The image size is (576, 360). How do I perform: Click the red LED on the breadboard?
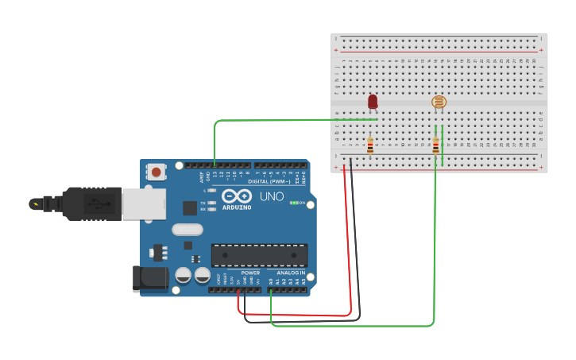(373, 102)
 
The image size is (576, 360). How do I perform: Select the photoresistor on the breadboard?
(439, 102)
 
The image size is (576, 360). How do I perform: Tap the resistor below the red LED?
(370, 145)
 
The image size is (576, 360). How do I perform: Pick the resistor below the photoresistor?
(435, 145)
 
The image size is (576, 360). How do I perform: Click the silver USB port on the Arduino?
(144, 203)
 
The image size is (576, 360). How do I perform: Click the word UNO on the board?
(272, 195)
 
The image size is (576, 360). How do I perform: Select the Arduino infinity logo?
(237, 195)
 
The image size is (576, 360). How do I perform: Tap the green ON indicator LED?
(293, 203)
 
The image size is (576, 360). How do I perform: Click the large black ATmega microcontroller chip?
(259, 255)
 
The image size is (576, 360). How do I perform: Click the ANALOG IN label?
(291, 273)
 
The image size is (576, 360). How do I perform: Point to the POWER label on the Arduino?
(250, 273)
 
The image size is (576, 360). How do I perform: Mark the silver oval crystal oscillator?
(187, 230)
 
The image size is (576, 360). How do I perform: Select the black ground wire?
(356, 238)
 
